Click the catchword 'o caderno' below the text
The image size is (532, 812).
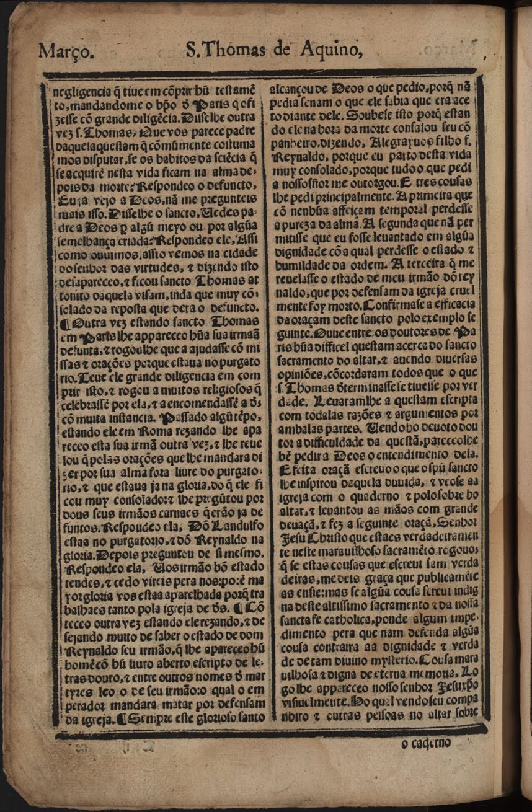coord(425,743)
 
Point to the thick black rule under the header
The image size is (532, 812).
coord(260,73)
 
